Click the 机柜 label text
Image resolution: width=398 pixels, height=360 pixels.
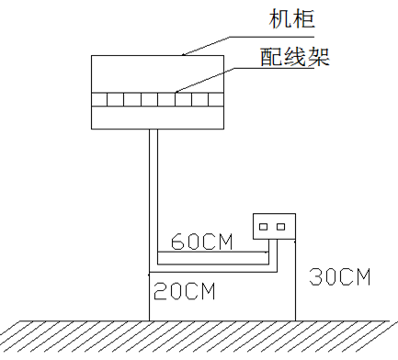(x=292, y=19)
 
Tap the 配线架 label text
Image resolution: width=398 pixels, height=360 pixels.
(x=295, y=57)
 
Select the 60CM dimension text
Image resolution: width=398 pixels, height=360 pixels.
(x=202, y=242)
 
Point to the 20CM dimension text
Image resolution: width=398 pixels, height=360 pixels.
(x=185, y=291)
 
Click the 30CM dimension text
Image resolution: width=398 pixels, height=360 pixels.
(x=340, y=276)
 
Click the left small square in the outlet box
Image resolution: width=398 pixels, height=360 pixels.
(x=264, y=227)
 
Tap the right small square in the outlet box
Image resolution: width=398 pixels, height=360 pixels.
(x=280, y=227)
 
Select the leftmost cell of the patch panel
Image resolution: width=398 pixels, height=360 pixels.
(x=99, y=99)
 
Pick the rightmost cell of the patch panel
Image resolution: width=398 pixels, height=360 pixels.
(x=216, y=99)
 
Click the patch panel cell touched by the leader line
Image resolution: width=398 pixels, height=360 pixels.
(x=184, y=99)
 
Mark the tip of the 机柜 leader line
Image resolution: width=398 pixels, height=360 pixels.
(x=183, y=55)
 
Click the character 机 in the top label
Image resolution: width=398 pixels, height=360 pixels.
(x=280, y=19)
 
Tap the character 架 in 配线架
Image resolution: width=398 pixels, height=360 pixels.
(x=319, y=57)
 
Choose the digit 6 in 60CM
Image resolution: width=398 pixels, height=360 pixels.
(x=177, y=242)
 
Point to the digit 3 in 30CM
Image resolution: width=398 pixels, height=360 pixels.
(x=315, y=276)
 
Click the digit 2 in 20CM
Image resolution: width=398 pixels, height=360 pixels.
(x=160, y=291)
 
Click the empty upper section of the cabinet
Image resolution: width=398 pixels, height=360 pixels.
(x=157, y=74)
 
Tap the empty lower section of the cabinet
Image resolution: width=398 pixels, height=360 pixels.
(x=157, y=118)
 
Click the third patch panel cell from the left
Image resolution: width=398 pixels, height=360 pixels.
(x=132, y=99)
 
